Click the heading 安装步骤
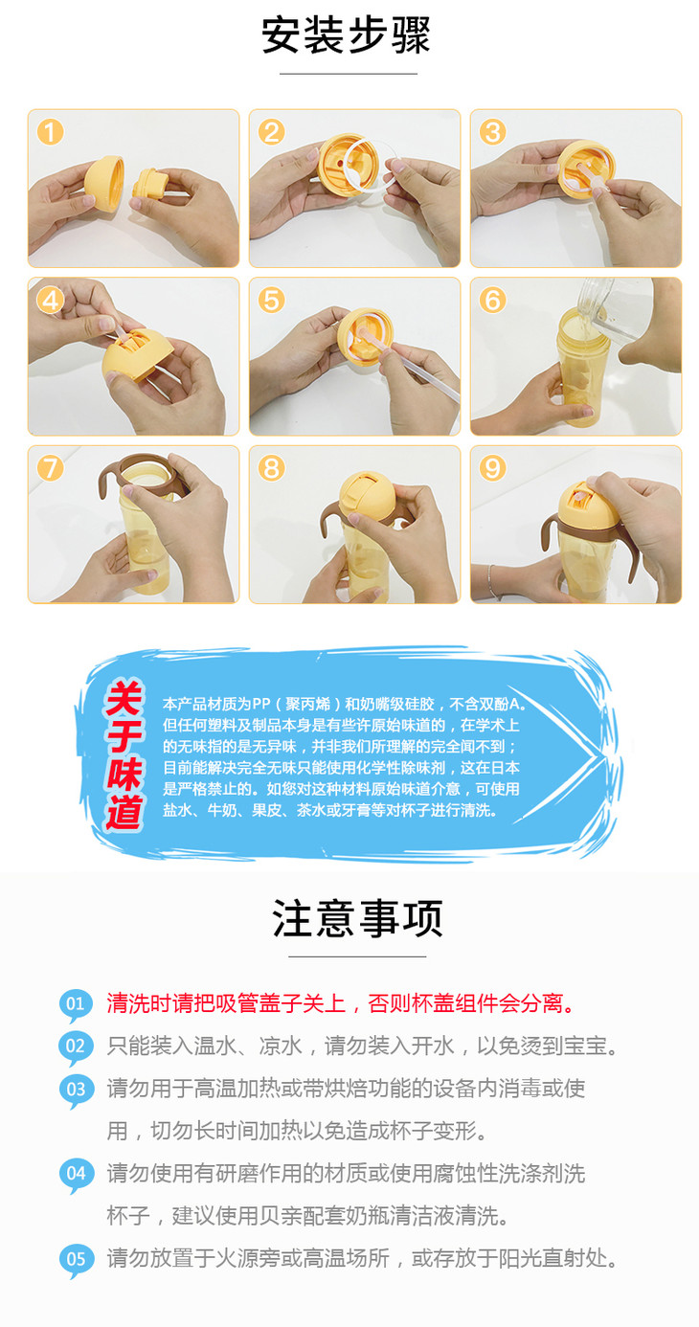(x=346, y=35)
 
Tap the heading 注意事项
(x=357, y=917)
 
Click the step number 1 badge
(x=51, y=132)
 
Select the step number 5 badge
(x=271, y=301)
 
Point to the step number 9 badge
(x=492, y=468)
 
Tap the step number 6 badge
(x=492, y=301)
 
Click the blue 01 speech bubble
(x=76, y=1004)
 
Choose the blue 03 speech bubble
(x=76, y=1090)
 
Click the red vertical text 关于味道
(x=124, y=755)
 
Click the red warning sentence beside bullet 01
(x=341, y=1003)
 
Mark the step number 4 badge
(x=51, y=301)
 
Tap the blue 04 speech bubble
(x=76, y=1175)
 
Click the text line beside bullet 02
(x=362, y=1046)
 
